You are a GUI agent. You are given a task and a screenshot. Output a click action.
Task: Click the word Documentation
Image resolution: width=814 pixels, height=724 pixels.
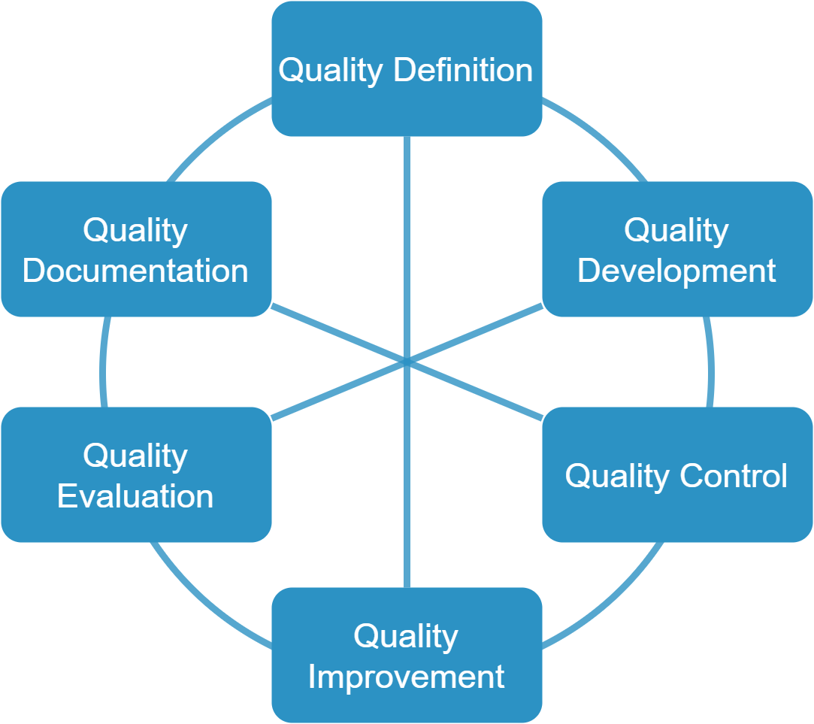pos(135,271)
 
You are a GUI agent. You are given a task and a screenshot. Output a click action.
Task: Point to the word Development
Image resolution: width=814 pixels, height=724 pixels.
pos(676,271)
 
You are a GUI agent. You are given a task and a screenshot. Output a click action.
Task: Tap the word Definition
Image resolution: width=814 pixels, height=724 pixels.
pos(463,70)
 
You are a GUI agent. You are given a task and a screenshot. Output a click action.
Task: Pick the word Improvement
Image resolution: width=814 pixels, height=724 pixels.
pos(406,677)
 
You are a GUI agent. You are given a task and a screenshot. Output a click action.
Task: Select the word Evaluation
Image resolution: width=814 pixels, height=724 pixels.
pos(135,496)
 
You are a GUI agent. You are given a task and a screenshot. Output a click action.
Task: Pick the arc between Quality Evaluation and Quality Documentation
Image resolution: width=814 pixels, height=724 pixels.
pos(103,361)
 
